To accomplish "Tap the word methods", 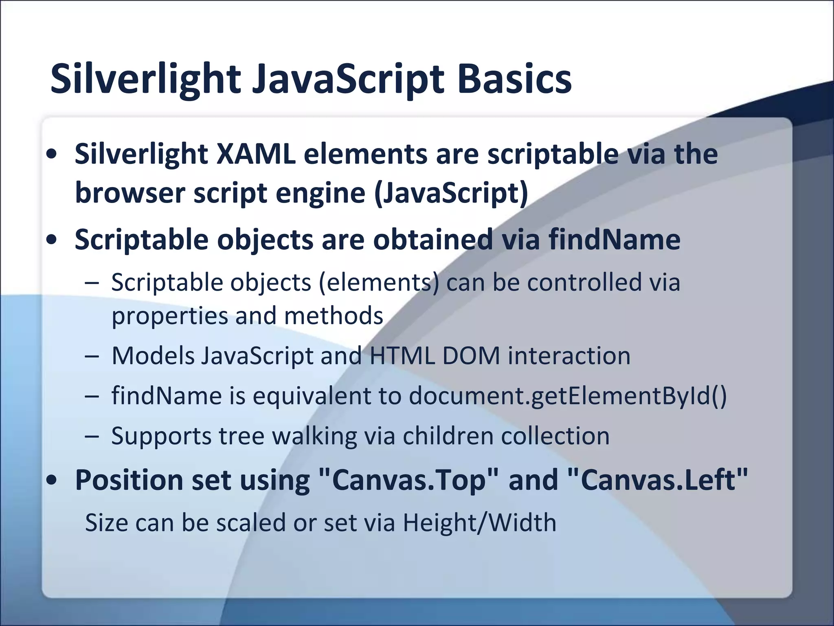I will coord(334,315).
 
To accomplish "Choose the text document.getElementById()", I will coord(568,395).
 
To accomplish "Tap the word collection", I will coord(555,436).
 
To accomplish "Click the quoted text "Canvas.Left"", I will coord(657,480).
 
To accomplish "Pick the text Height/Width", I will coord(479,522).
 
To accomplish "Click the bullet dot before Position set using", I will coord(52,481).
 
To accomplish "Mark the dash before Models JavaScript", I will coord(92,356).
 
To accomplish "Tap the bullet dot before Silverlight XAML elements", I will coord(52,154).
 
